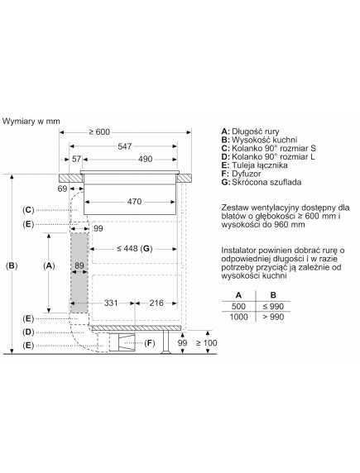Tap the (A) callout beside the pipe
pyautogui.click(x=50, y=265)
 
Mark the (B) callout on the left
pyautogui.click(x=11, y=265)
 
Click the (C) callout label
pyautogui.click(x=29, y=210)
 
